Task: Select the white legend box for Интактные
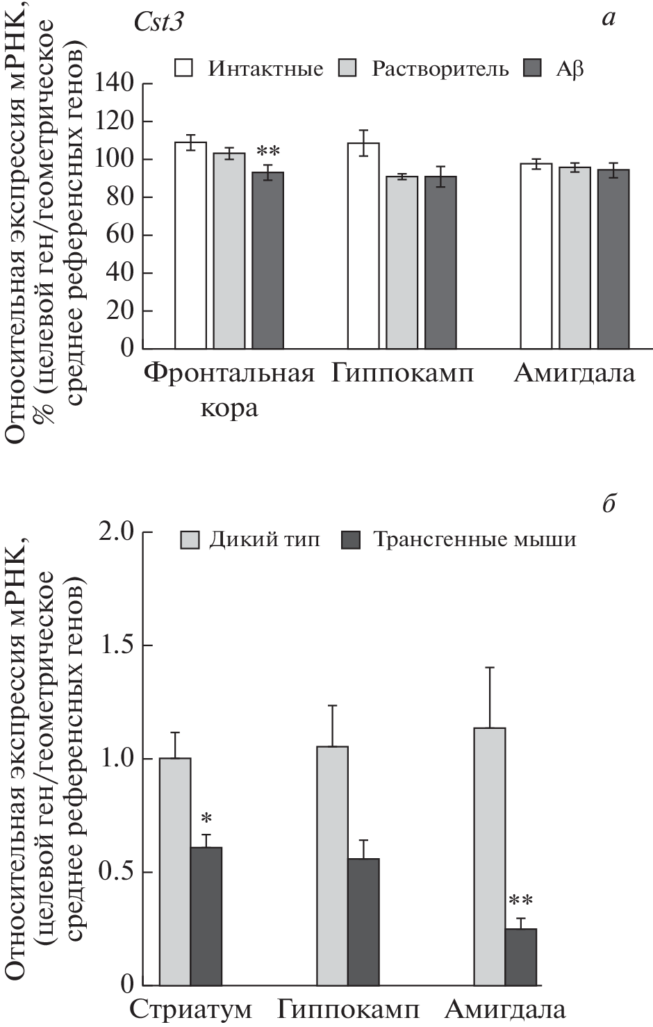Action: (x=184, y=68)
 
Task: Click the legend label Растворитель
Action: (x=440, y=69)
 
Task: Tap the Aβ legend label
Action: (x=569, y=69)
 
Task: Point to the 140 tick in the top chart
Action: (x=116, y=83)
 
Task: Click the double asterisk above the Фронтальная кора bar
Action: (x=267, y=151)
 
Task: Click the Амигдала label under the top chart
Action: (x=575, y=373)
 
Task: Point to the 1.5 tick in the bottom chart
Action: (x=117, y=645)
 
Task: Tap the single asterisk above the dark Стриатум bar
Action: (x=206, y=819)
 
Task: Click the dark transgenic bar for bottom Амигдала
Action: (x=520, y=957)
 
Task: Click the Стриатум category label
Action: (x=191, y=1009)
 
